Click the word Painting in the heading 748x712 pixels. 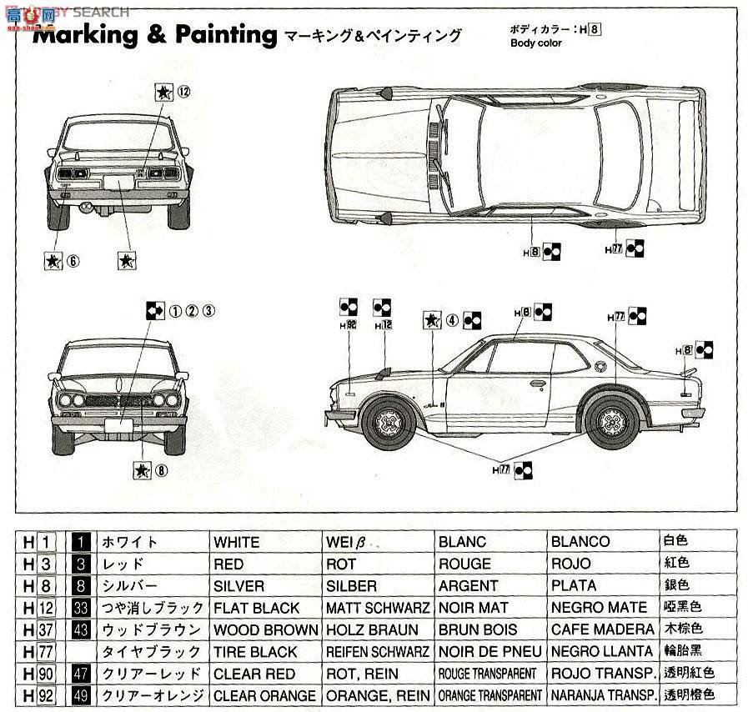point(225,35)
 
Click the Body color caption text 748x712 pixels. point(536,43)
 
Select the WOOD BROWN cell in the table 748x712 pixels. point(265,629)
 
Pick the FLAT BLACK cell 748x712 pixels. point(256,608)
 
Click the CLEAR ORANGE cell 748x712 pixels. point(264,694)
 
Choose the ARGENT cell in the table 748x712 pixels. point(468,586)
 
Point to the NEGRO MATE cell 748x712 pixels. point(599,608)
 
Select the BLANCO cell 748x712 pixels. point(580,542)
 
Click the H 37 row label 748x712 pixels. point(38,629)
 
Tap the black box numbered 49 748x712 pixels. point(81,694)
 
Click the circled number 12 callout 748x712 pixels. point(184,93)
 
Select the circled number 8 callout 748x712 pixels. point(161,469)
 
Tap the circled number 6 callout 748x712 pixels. point(73,261)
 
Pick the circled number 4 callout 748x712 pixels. point(452,319)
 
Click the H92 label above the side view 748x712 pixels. point(349,324)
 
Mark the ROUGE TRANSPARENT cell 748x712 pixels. point(487,674)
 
